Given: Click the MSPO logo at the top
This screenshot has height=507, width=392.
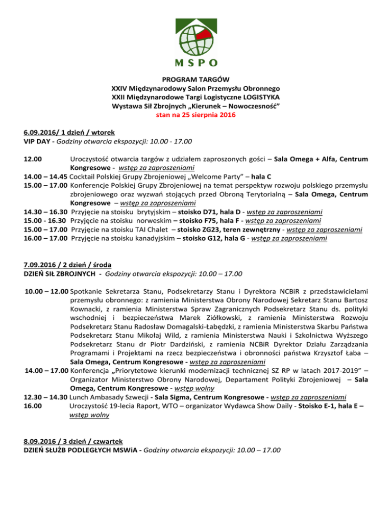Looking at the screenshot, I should [x=197, y=38].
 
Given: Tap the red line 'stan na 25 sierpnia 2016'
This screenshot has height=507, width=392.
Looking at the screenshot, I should [x=196, y=116].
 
